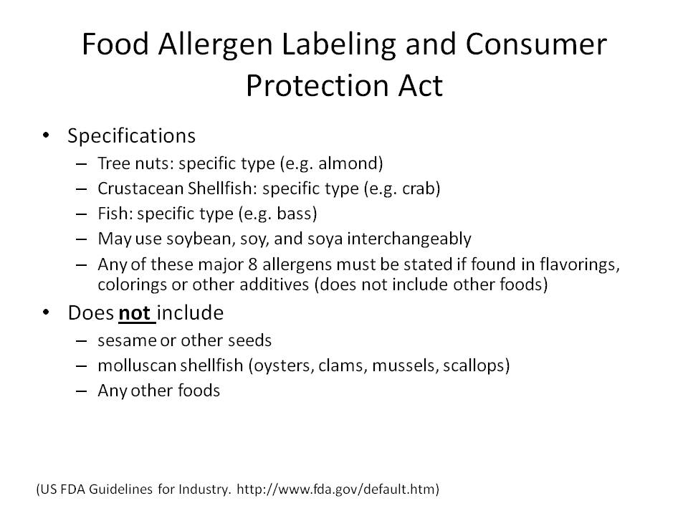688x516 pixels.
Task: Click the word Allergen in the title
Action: (x=215, y=45)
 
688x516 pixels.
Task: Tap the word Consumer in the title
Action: (x=536, y=44)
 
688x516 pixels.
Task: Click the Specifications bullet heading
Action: (x=131, y=136)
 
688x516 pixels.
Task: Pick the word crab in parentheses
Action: (x=416, y=188)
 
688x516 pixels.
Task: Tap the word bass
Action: (x=294, y=214)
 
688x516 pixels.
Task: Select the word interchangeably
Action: (x=409, y=239)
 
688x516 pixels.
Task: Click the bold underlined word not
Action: (x=135, y=313)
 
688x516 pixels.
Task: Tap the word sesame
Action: (x=128, y=341)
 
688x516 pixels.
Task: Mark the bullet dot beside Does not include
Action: (x=46, y=313)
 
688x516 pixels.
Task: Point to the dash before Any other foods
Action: (x=82, y=391)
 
